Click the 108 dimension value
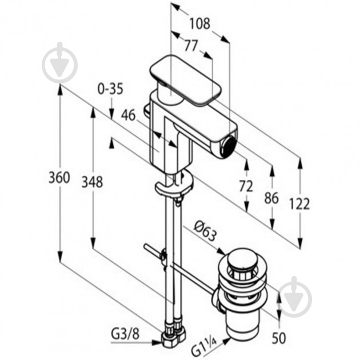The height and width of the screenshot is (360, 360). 199,23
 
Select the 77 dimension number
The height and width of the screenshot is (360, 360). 191,46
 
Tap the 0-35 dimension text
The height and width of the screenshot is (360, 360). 110,89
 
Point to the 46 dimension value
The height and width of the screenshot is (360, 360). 129,115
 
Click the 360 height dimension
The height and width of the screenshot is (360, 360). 59,178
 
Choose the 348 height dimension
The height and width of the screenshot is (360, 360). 93,182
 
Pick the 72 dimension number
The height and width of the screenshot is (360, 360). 246,186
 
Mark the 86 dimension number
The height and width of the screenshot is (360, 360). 271,198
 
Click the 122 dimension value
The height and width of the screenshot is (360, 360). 299,203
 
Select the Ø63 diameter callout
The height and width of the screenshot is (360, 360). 205,232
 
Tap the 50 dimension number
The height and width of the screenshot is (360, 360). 279,338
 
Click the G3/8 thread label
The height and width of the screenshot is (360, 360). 125,334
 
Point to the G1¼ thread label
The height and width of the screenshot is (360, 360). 203,347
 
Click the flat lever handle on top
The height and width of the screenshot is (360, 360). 185,81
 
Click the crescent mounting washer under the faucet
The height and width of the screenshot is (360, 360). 174,185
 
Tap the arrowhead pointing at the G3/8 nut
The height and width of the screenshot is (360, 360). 157,342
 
